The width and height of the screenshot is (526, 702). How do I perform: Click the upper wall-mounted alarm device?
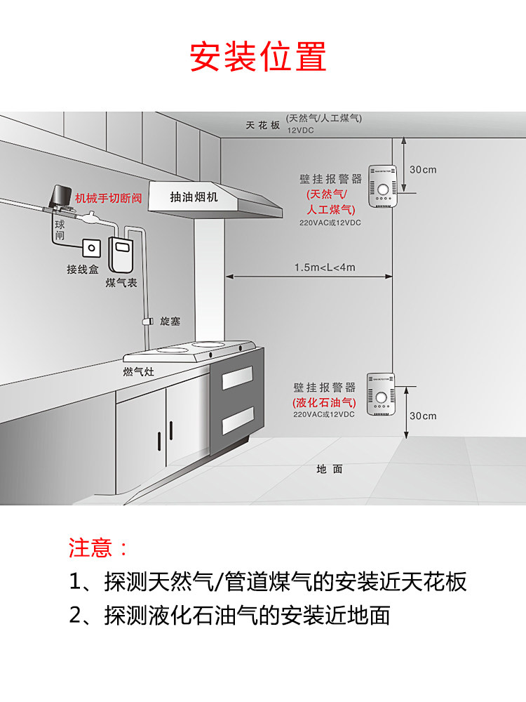coord(383,190)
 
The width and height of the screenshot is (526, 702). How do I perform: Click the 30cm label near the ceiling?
coord(423,169)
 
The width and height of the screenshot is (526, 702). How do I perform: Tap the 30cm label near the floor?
coord(423,416)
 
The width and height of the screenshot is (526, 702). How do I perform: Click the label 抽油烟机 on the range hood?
coord(194,197)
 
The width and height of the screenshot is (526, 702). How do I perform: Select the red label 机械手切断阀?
coord(109,199)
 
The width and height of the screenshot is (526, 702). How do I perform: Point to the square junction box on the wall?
coord(91,249)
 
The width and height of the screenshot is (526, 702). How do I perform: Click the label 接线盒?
coord(82,270)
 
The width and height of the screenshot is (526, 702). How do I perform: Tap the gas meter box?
coord(122,253)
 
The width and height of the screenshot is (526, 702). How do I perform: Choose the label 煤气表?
coord(121,282)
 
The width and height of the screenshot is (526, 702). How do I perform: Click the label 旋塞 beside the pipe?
coord(170,321)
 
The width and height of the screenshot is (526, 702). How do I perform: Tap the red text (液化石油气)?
coord(325,402)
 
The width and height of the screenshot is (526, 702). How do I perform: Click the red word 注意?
coord(90,548)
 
